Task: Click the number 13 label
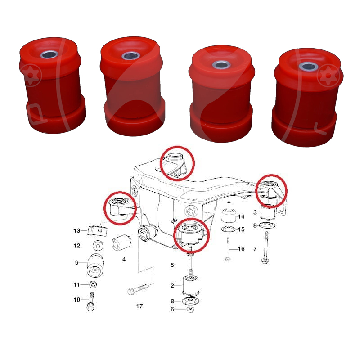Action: click(76, 230)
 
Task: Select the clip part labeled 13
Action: click(97, 231)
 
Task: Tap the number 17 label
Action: click(139, 306)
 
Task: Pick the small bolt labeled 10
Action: click(91, 301)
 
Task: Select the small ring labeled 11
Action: click(93, 285)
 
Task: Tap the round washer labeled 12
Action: click(98, 246)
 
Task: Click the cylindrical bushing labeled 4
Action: click(121, 243)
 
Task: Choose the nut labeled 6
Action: click(190, 309)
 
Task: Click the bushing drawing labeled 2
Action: click(190, 286)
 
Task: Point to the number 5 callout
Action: click(172, 265)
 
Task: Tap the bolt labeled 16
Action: click(228, 249)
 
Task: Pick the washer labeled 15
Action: click(229, 229)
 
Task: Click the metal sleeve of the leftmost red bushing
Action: click(49, 54)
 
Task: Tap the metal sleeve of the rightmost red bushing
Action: click(308, 67)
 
